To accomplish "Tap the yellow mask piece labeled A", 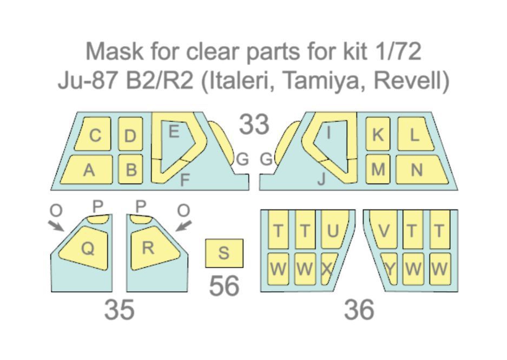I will (88, 170).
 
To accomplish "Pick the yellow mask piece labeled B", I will (130, 170).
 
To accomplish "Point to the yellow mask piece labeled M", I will (378, 169).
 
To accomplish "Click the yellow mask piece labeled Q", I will (87, 247).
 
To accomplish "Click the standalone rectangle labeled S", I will (224, 253).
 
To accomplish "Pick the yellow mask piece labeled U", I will (333, 230).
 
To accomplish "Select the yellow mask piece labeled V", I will (384, 230).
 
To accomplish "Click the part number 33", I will (254, 125).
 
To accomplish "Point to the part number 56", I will (224, 285).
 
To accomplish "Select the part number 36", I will (359, 310).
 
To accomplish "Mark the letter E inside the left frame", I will (174, 132).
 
